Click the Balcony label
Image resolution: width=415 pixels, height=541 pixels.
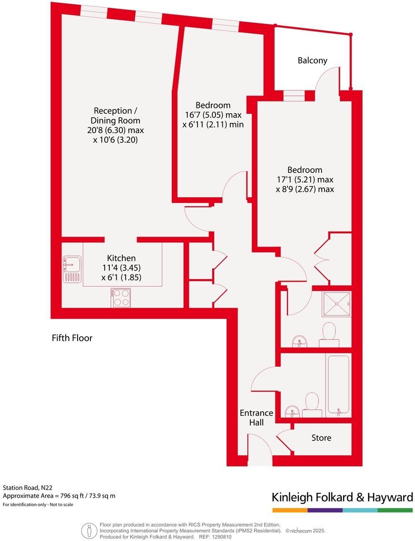[x=312, y=60]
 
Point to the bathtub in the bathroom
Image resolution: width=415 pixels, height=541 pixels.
[x=338, y=384]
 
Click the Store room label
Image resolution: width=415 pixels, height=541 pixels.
[x=321, y=438]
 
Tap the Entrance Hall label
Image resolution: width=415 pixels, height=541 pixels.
[x=256, y=417]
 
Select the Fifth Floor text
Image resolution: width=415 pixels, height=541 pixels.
[x=72, y=338]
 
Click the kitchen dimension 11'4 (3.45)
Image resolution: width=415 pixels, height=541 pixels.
[x=121, y=268]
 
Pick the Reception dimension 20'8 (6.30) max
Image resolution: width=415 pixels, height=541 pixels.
[x=119, y=130]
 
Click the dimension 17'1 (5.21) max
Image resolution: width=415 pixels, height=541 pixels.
[x=305, y=180]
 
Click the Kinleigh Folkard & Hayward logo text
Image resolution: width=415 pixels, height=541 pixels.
[x=342, y=498]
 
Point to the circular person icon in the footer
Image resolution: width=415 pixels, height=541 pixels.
[x=88, y=530]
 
